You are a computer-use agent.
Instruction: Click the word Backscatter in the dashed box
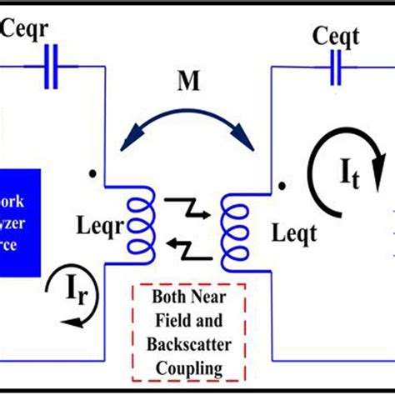point(187,345)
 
